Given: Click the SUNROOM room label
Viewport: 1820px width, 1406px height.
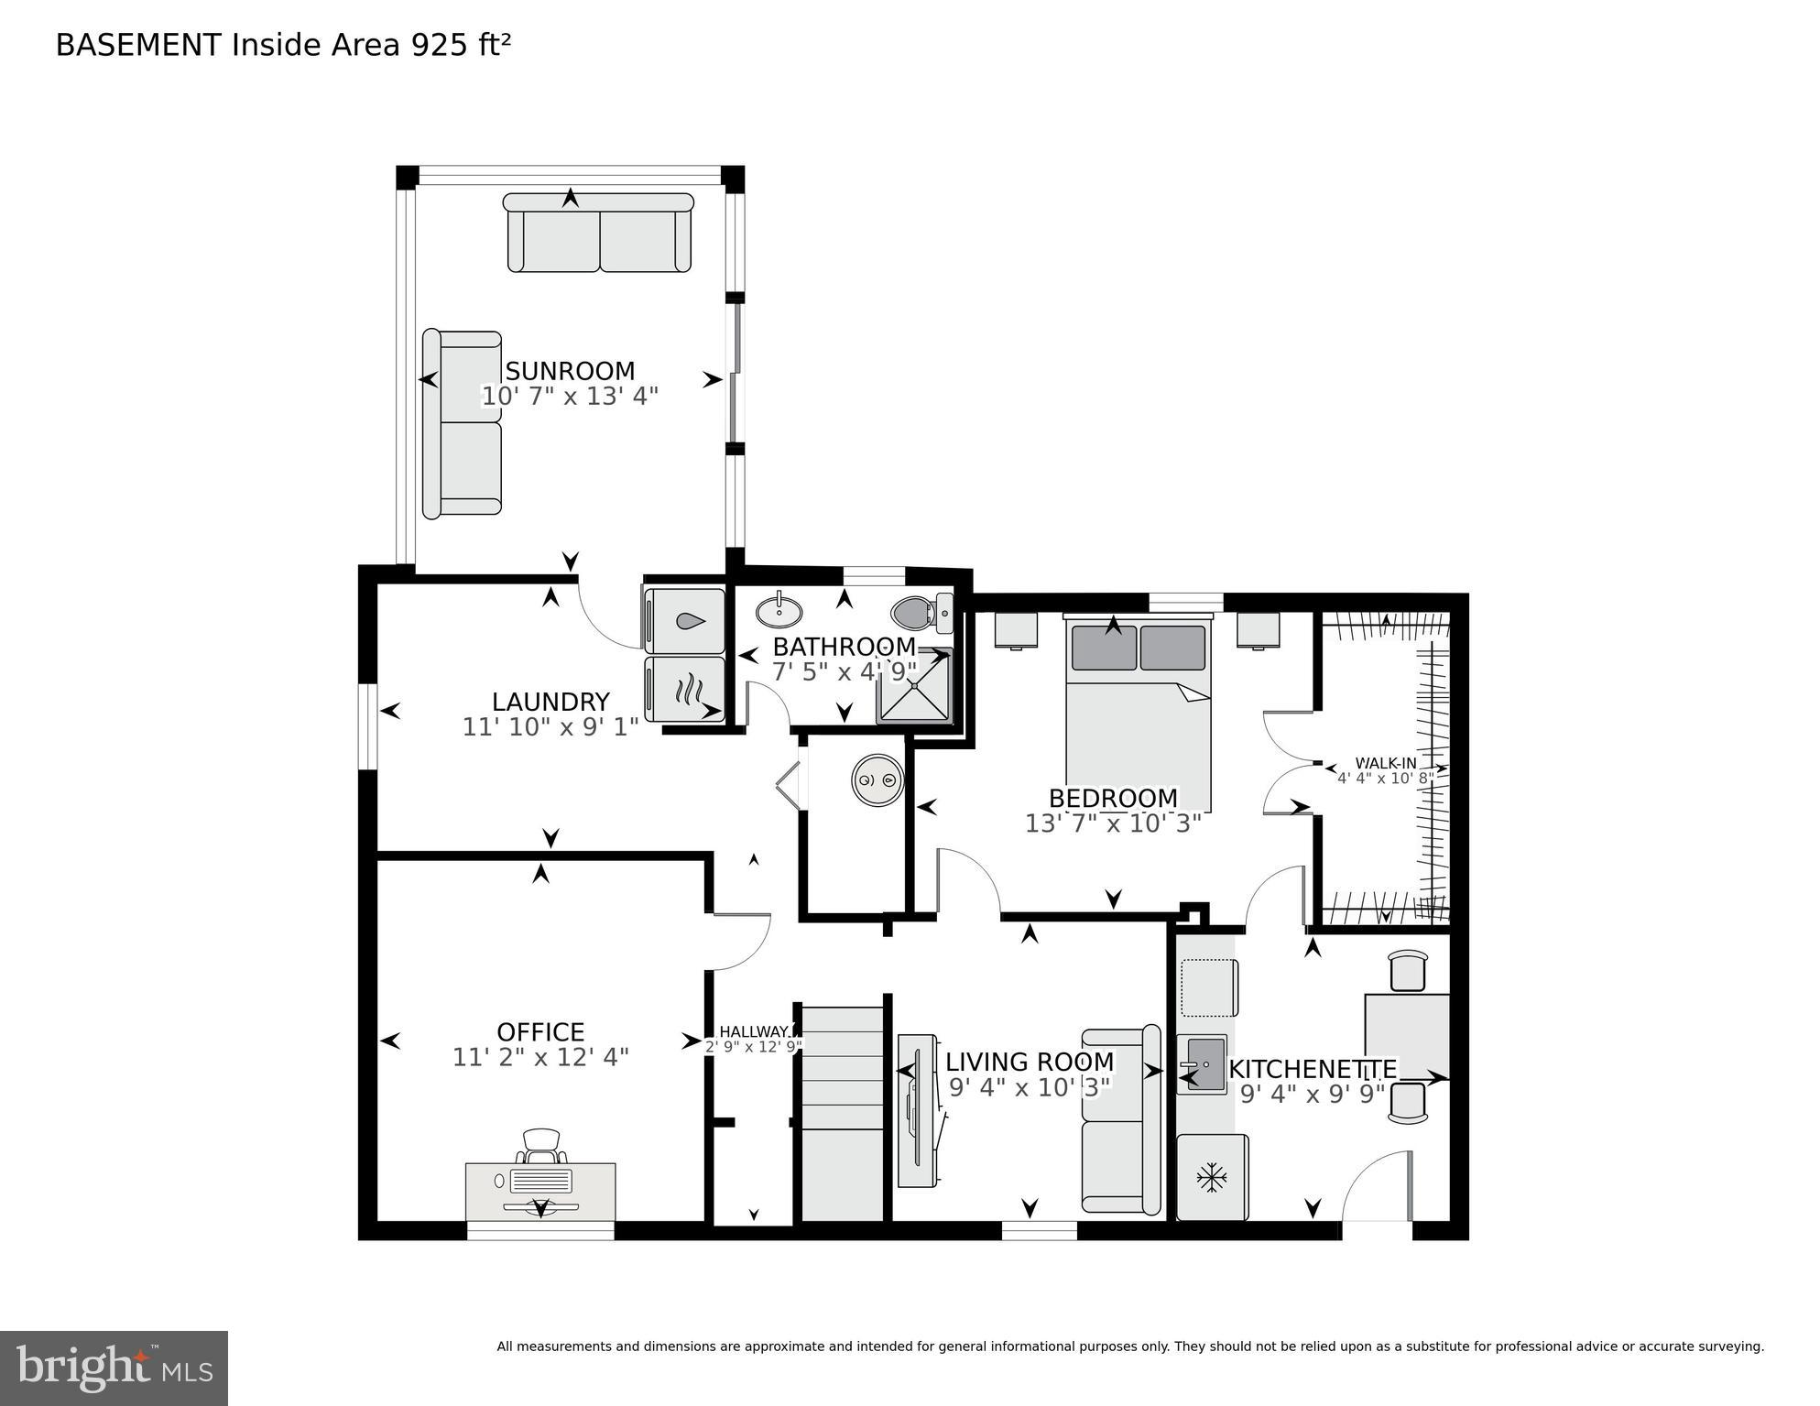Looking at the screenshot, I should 570,371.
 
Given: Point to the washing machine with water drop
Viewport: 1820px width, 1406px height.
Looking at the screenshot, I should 685,621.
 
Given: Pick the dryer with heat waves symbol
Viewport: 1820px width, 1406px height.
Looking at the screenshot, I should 685,689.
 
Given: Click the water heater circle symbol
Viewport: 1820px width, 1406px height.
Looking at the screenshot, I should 877,780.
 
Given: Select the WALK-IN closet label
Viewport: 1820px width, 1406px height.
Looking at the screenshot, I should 1385,763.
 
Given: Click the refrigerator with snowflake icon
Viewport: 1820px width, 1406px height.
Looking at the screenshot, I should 1212,1177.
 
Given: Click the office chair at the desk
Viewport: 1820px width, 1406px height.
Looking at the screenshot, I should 541,1146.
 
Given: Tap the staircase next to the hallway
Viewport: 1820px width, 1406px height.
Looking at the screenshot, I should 842,1113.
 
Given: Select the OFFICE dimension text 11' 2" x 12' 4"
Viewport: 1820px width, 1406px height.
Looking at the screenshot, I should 540,1057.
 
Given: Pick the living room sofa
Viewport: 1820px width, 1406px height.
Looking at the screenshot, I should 1121,1122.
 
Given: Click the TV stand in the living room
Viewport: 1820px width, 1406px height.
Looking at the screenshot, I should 918,1111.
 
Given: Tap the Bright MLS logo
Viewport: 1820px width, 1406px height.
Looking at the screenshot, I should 114,1368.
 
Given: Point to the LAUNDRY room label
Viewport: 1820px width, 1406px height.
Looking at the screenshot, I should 550,702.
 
